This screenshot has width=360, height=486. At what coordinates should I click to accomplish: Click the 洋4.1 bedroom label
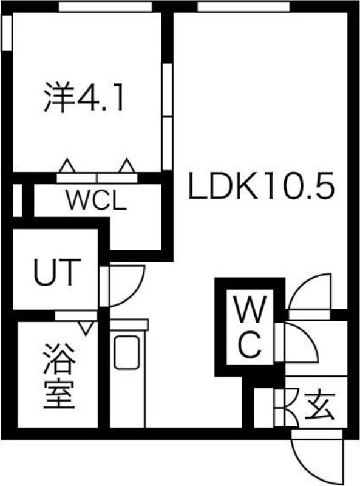(x=84, y=97)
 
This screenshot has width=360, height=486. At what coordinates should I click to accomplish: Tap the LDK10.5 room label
(x=262, y=186)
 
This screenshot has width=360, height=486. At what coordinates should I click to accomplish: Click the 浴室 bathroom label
(x=59, y=376)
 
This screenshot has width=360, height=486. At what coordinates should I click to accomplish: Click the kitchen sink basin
(x=127, y=352)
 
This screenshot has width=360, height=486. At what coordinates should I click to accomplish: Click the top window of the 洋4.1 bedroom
(x=106, y=7)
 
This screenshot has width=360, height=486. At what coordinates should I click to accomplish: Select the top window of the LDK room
(x=243, y=7)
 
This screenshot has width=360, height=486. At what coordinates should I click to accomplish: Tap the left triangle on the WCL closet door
(x=67, y=165)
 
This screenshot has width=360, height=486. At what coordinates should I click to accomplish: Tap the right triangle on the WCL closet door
(x=127, y=165)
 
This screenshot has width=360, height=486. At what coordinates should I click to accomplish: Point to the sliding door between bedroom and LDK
(x=168, y=117)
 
